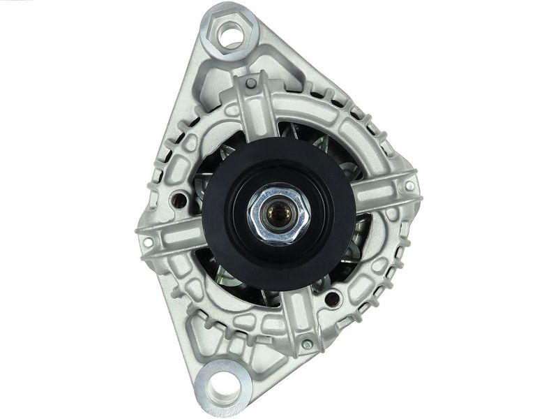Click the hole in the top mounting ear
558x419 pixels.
227,31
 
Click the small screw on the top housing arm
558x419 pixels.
250,84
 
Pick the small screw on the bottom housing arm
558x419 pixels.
307,344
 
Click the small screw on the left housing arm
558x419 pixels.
148,243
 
